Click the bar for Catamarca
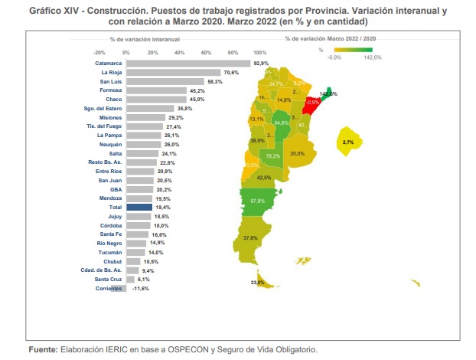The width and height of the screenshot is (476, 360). (187, 63)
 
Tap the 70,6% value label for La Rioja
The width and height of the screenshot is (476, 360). (231, 72)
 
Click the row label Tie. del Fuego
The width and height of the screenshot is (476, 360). (103, 126)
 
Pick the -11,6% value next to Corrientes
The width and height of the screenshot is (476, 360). (140, 288)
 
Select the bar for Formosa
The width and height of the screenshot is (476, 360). (156, 90)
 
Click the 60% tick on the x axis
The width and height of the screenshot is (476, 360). (207, 52)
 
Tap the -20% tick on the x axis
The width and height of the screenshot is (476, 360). (99, 52)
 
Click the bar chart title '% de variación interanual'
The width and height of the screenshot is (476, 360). (141, 38)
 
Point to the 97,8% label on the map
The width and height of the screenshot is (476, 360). (257, 201)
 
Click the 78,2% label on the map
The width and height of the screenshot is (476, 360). (272, 155)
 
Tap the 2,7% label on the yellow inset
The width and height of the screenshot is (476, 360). (348, 142)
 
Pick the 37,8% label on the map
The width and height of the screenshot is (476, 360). (250, 238)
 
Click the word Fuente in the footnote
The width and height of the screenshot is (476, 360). (43, 349)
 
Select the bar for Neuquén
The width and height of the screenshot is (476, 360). (143, 144)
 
